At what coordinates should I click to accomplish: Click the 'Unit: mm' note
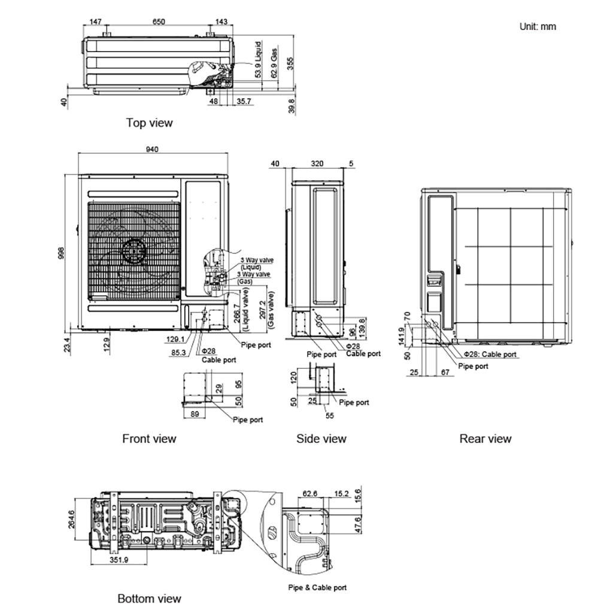click(x=538, y=26)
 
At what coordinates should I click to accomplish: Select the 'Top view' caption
click(x=149, y=123)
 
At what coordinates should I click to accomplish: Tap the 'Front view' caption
click(x=149, y=439)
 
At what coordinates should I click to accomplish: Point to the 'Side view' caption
click(x=321, y=439)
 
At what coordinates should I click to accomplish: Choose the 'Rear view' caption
click(x=485, y=439)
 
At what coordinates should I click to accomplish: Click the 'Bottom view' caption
click(x=149, y=599)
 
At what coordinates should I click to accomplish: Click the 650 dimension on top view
click(x=159, y=22)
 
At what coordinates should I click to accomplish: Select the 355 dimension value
click(x=290, y=65)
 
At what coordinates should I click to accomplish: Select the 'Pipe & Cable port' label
click(x=317, y=588)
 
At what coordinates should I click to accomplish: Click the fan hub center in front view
click(x=134, y=250)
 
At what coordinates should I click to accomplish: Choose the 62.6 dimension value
click(x=310, y=494)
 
